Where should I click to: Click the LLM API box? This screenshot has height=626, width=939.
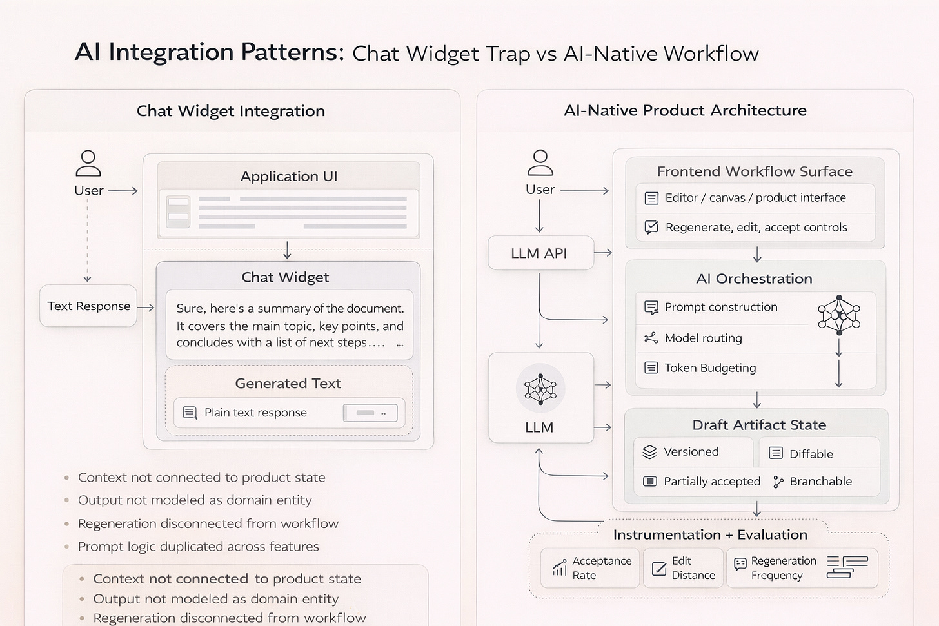click(x=540, y=253)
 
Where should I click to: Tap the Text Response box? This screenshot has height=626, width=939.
click(x=88, y=306)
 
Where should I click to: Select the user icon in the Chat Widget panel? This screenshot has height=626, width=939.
click(x=88, y=163)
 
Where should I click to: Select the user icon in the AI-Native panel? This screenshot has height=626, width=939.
click(x=540, y=162)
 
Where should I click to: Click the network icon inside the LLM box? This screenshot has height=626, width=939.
click(x=540, y=389)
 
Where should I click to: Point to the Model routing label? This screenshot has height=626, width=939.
click(x=703, y=338)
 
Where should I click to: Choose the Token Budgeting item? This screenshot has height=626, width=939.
click(x=710, y=368)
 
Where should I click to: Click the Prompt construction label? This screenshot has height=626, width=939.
click(x=721, y=308)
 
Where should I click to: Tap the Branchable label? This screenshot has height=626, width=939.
click(x=820, y=482)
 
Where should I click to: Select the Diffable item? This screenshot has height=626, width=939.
click(x=811, y=454)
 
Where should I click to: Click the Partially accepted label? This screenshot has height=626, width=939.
click(x=712, y=482)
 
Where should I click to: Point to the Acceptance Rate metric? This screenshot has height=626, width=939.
click(x=601, y=568)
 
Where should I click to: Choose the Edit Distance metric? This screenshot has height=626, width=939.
click(x=693, y=568)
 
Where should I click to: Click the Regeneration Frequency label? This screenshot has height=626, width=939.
click(x=783, y=568)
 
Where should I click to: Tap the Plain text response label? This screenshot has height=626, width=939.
click(x=255, y=413)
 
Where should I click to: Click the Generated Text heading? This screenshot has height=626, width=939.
click(x=288, y=384)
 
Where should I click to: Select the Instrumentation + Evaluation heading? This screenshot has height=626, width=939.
click(x=709, y=534)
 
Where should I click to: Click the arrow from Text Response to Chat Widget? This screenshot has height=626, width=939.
click(x=146, y=308)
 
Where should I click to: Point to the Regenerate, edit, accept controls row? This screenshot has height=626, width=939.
click(x=756, y=228)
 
